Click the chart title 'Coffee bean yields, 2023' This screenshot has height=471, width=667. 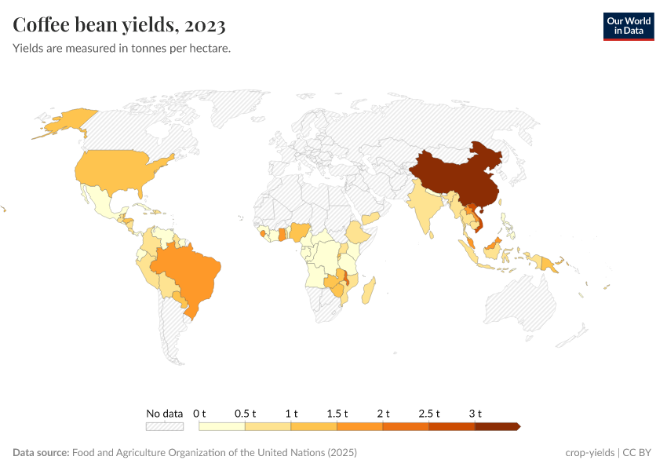pos(119,25)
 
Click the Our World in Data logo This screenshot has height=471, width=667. pos(628,26)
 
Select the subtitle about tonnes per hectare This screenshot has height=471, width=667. pos(122,49)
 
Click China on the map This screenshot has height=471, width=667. pos(455,177)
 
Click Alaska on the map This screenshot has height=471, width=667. pos(63,122)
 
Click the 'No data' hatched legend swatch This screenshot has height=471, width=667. pos(165,427)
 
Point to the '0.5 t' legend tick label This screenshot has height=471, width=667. pos(245,414)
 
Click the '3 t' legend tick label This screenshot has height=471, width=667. pos(475,414)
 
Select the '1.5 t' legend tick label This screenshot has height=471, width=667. pos(337,414)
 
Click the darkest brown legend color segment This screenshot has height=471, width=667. pos(496,427)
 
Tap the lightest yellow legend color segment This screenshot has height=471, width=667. pos(222,427)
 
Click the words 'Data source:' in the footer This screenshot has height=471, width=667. pos(41,453)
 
